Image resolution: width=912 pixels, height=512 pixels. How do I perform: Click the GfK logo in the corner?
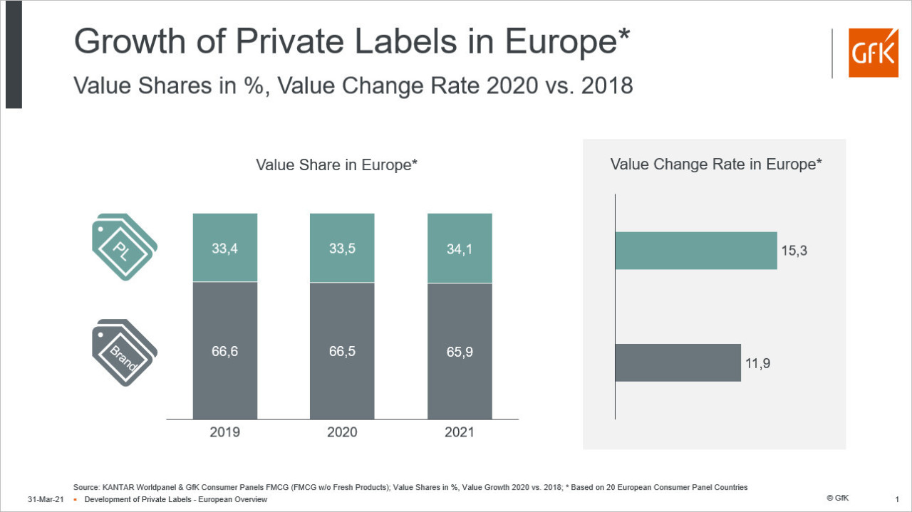click(873, 53)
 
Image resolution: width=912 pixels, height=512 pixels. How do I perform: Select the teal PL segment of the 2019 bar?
click(225, 247)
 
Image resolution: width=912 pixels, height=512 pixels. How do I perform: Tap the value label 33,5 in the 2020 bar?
click(342, 249)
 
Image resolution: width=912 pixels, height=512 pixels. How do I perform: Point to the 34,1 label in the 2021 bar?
click(460, 249)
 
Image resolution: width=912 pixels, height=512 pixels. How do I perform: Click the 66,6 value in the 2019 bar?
click(225, 351)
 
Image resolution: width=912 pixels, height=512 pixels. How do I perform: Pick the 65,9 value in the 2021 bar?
click(460, 351)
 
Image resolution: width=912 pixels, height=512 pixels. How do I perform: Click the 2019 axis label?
click(225, 432)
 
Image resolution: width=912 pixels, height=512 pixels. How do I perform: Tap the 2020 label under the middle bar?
click(342, 432)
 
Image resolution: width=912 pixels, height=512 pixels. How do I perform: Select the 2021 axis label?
click(460, 432)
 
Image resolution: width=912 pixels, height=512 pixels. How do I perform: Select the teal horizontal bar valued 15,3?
click(695, 251)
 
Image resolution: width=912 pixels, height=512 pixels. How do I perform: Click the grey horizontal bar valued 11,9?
click(678, 362)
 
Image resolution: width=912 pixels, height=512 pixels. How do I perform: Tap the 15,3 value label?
click(795, 251)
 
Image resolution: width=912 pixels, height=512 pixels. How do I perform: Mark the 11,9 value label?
click(759, 363)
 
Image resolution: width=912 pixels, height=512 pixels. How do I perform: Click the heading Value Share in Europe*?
click(336, 165)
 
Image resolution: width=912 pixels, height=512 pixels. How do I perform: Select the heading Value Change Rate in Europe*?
click(716, 164)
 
